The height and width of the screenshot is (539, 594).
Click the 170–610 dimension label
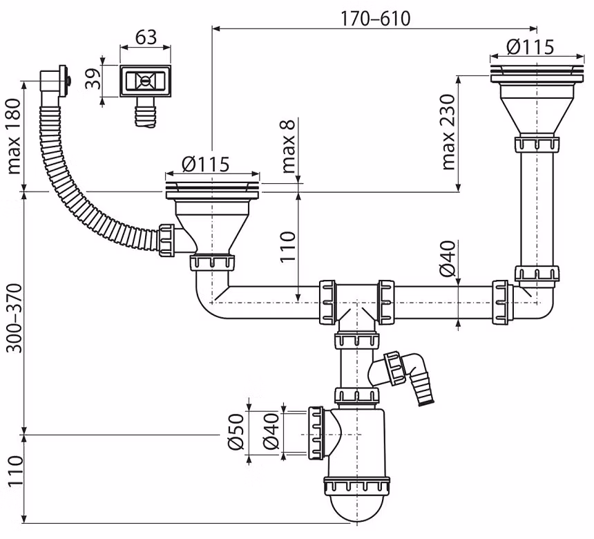pos(376,18)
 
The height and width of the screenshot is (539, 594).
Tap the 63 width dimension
pos(146,37)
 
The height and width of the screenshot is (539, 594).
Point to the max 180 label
pos(14,136)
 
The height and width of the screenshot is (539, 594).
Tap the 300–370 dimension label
pos(15,317)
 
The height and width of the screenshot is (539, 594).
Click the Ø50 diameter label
pos(236,432)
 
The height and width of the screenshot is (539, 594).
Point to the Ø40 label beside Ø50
pos(271,432)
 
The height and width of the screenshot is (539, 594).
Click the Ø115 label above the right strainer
pos(530,47)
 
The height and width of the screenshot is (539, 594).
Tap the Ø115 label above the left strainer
pos(205,164)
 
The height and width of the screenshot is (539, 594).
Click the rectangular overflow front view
pos(146,81)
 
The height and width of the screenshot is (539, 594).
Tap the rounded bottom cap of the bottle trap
pos(357,507)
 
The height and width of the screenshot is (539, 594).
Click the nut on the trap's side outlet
pos(316,433)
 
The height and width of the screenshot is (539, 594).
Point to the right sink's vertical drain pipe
pos(537,209)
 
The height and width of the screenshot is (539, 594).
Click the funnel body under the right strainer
pos(537,110)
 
